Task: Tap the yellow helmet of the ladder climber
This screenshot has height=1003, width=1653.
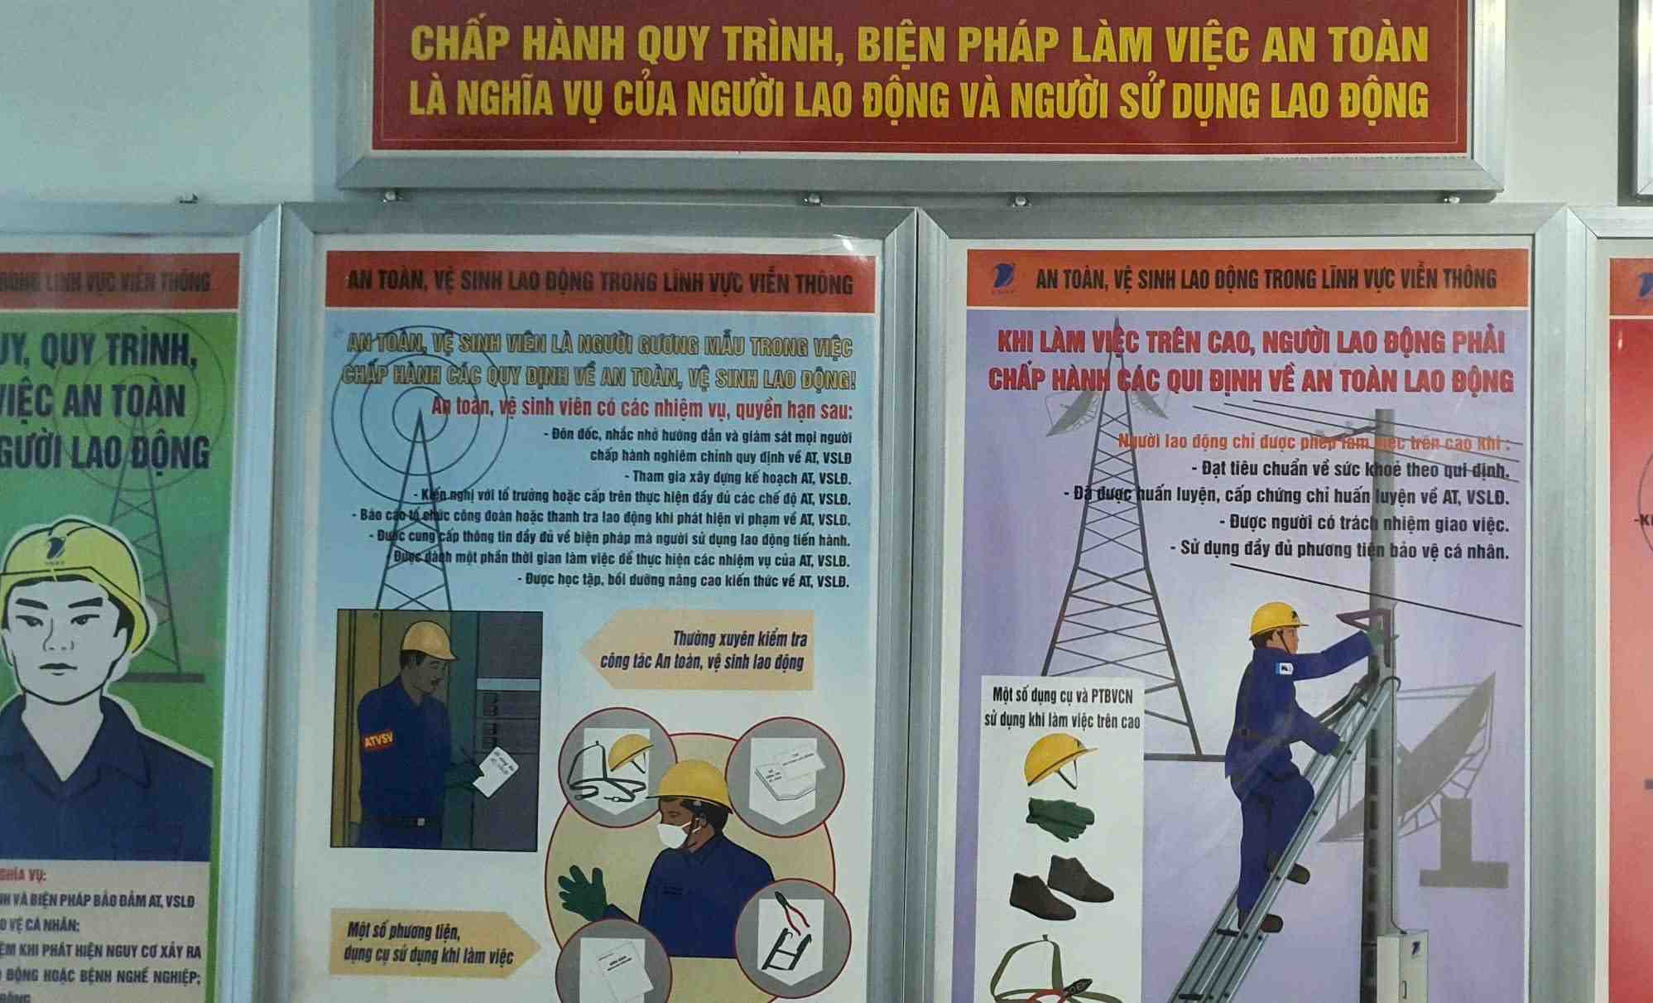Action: (1276, 619)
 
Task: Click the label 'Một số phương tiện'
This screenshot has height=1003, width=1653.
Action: (404, 932)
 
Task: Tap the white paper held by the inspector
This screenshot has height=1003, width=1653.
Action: (500, 770)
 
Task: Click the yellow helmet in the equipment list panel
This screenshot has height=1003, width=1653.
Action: (1057, 761)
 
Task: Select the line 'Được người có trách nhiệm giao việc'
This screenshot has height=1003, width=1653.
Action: (1368, 523)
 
